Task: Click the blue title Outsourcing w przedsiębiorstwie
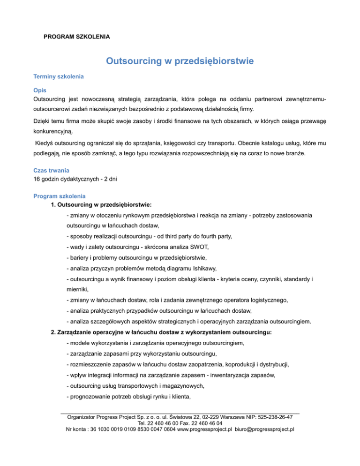coord(180,61)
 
